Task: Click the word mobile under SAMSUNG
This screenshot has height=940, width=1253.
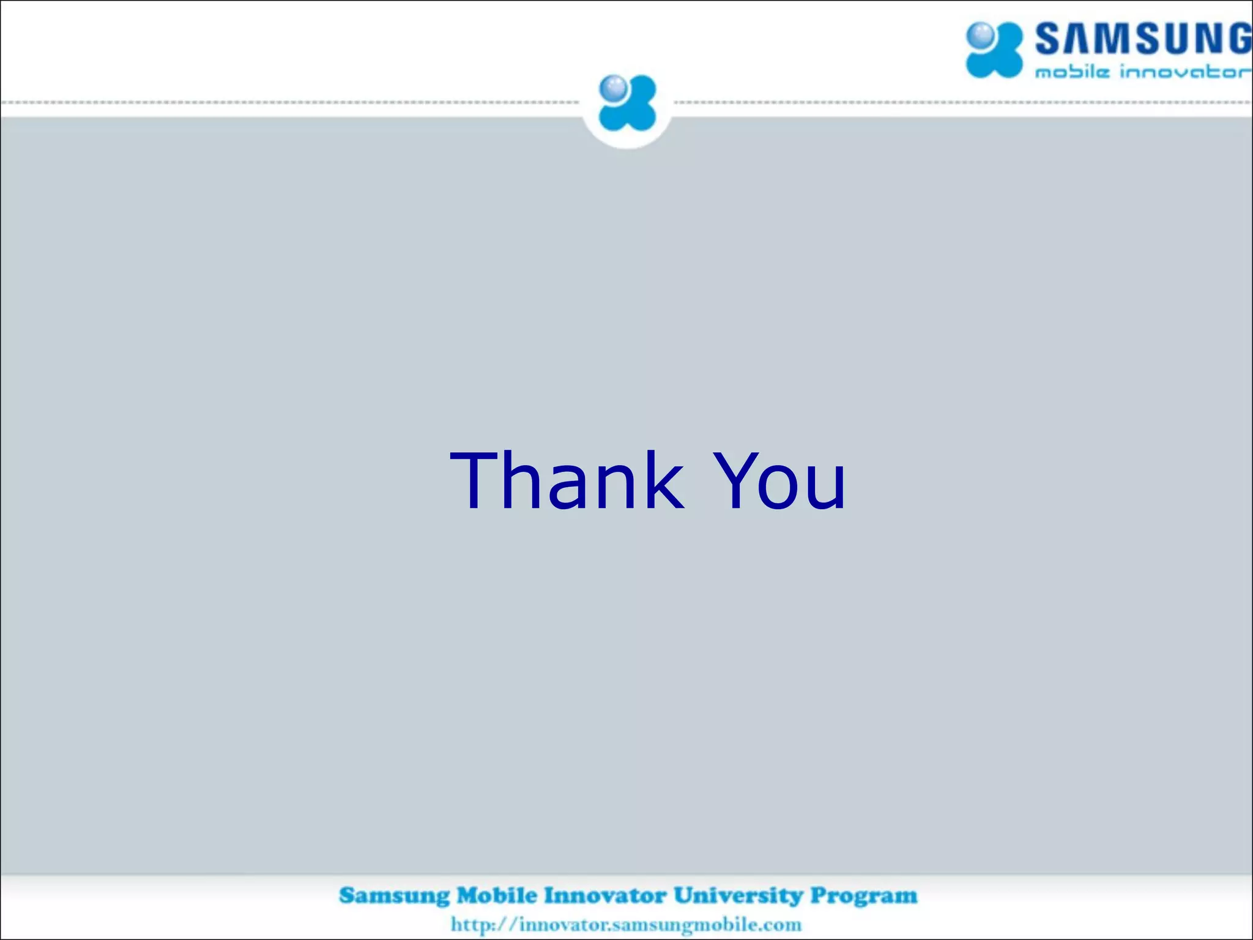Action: pos(1072,72)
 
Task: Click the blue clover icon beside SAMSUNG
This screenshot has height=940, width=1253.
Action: pos(994,50)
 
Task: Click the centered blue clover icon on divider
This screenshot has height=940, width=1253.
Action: pos(627,103)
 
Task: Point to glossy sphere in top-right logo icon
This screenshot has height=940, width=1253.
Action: pos(981,34)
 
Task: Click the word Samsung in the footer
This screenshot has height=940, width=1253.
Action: pos(394,895)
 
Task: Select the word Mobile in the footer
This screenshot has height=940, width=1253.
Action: pos(497,895)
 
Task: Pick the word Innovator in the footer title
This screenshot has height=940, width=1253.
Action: pos(605,895)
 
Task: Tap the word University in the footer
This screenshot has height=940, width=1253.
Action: pos(738,895)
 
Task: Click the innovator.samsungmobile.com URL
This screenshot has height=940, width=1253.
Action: pos(660,925)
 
